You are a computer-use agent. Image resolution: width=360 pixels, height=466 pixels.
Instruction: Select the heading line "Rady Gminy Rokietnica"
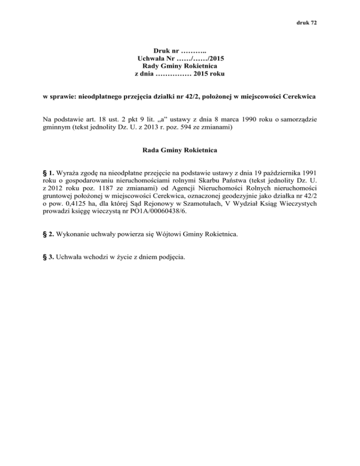pos(180,66)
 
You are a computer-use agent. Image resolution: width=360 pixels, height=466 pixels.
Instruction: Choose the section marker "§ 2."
pos(48,232)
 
